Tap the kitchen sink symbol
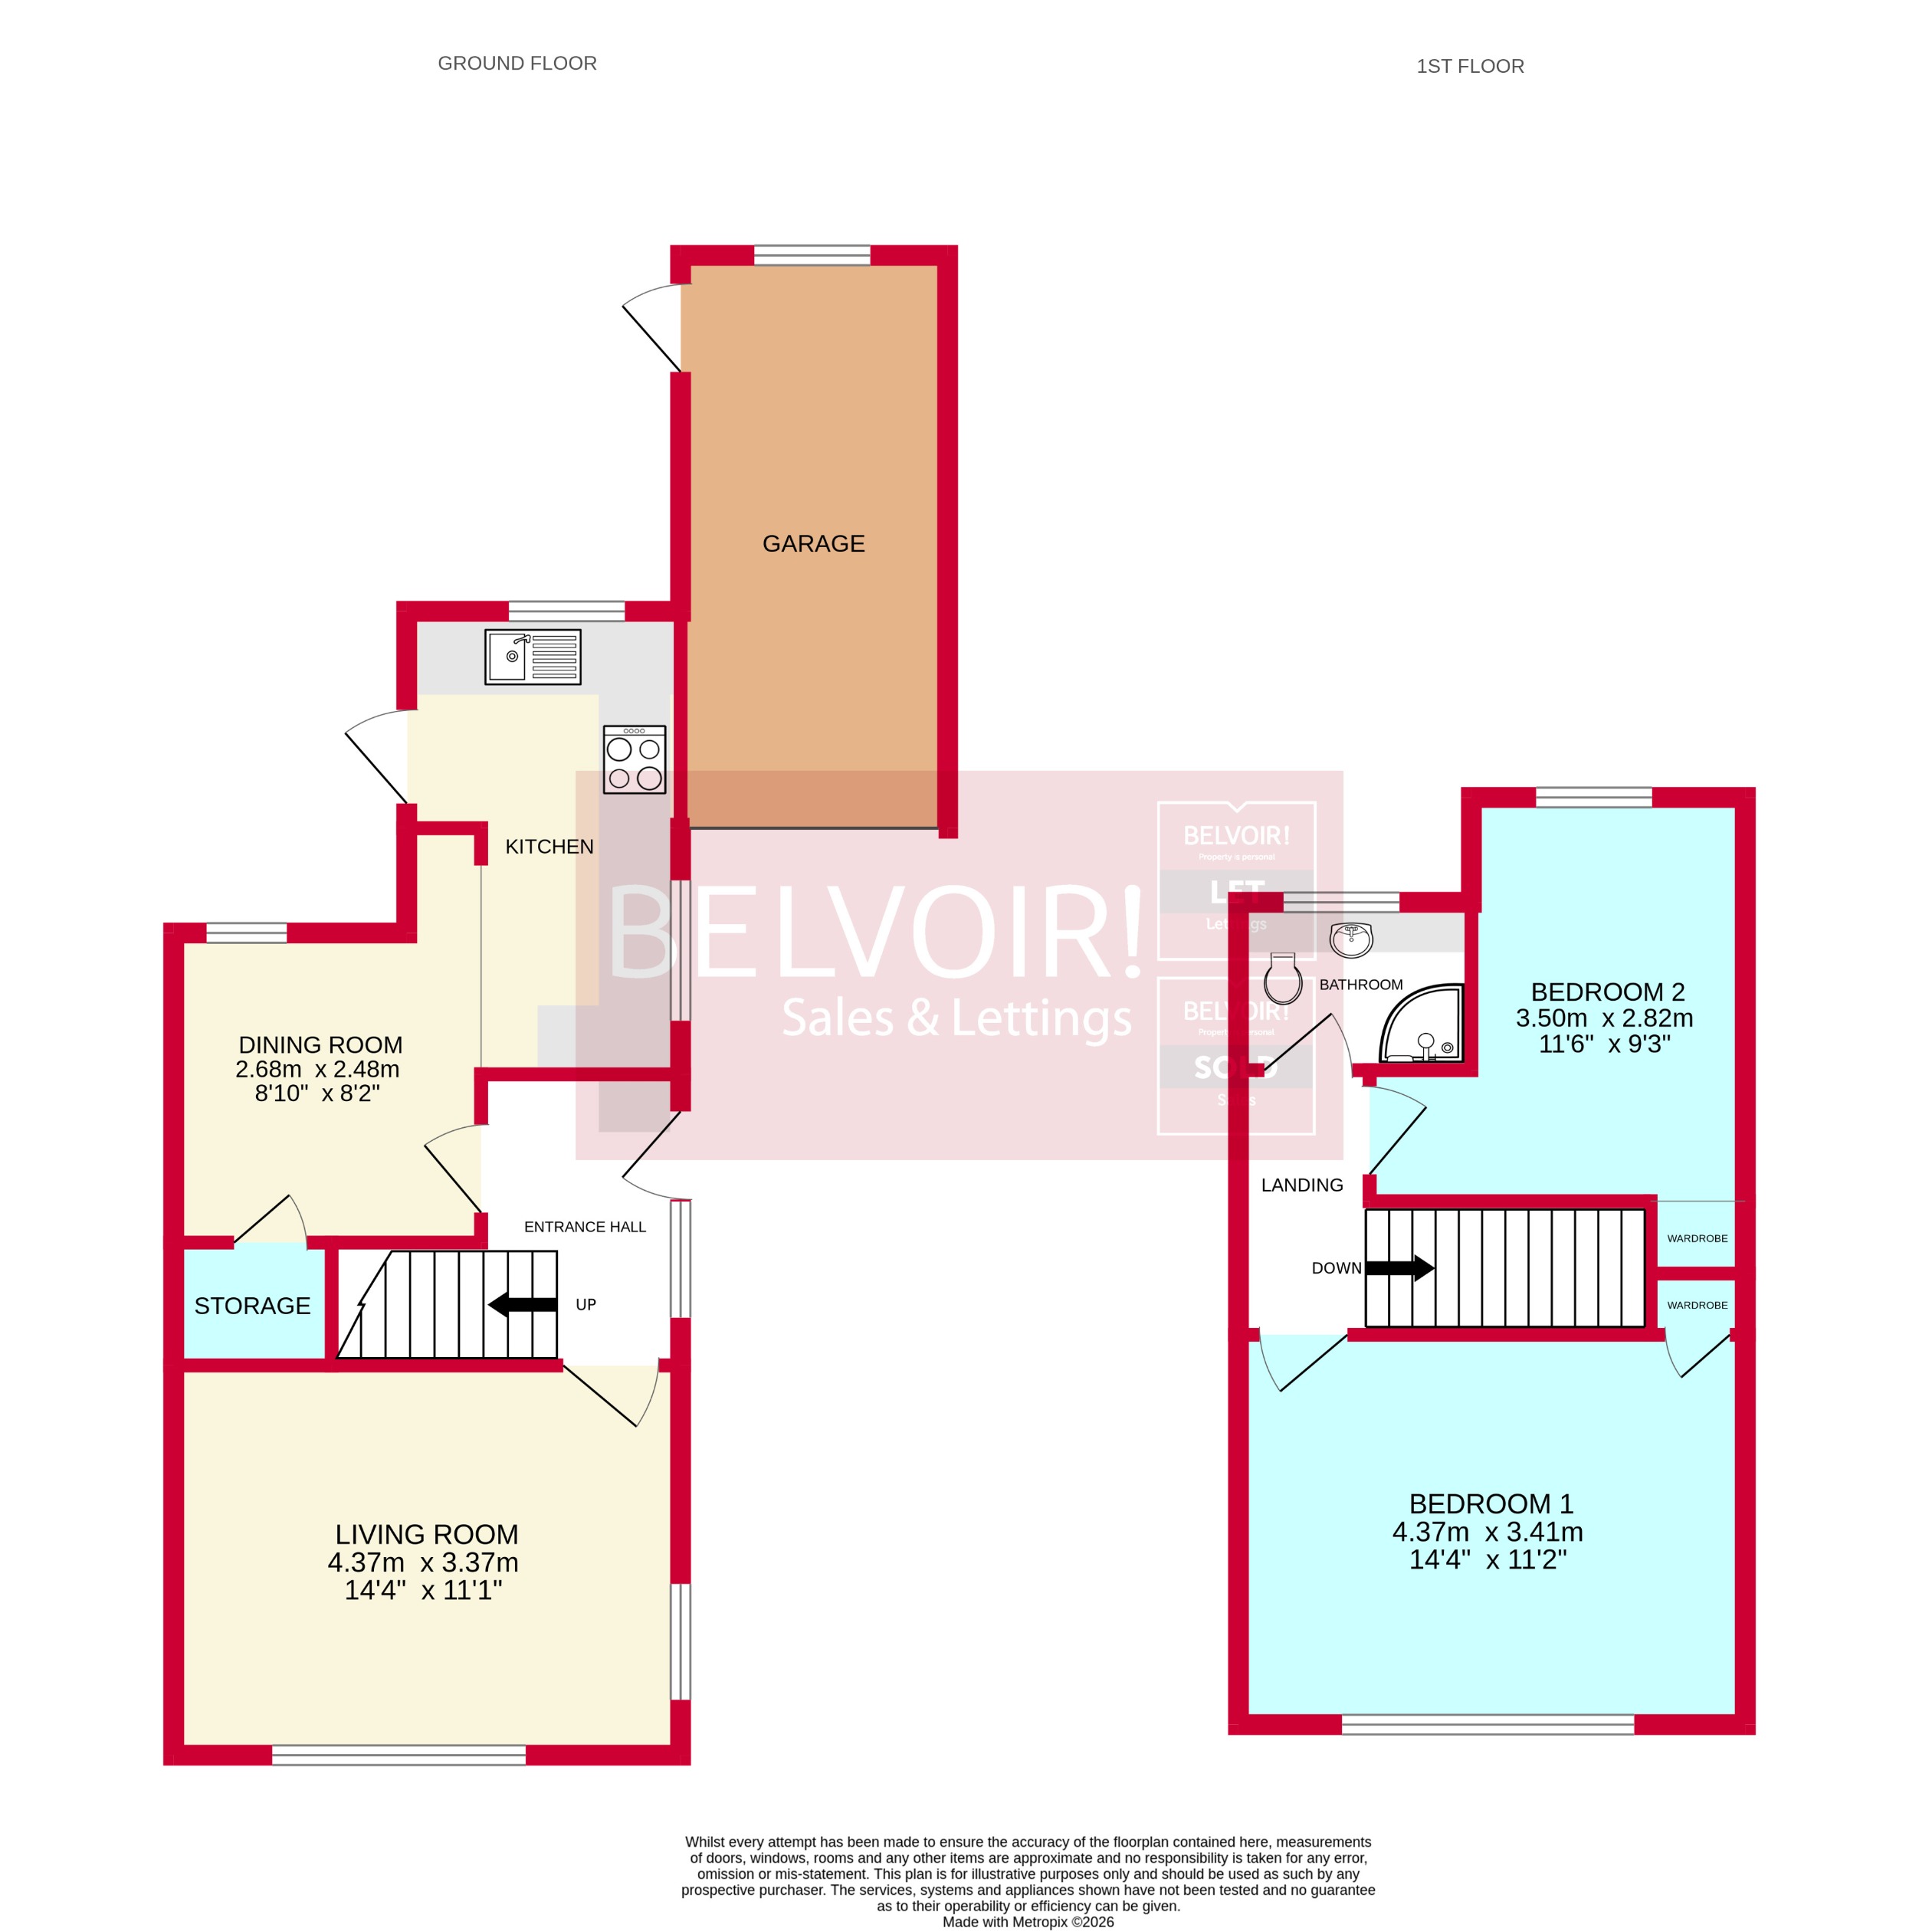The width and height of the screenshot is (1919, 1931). [x=532, y=657]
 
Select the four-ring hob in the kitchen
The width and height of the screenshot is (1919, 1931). [x=634, y=759]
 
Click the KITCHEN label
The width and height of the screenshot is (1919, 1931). [x=549, y=847]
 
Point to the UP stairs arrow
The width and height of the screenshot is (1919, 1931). [x=522, y=1304]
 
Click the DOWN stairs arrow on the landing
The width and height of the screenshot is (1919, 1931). [x=1399, y=1268]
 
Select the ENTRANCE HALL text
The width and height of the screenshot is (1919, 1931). [x=585, y=1226]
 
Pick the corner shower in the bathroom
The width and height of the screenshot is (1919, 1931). [x=1422, y=1025]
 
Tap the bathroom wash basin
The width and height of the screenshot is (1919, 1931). [x=1351, y=939]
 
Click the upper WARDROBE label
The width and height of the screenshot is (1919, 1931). [x=1697, y=1238]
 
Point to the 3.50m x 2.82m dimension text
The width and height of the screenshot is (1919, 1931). [x=1604, y=1018]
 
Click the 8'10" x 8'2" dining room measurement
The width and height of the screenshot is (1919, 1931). [x=317, y=1093]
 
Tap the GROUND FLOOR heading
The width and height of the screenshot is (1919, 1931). [x=517, y=63]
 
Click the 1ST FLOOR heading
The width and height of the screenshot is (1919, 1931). [x=1469, y=66]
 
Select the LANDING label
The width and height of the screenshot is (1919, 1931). [x=1301, y=1185]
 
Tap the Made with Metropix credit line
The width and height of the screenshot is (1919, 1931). [x=1028, y=1921]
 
